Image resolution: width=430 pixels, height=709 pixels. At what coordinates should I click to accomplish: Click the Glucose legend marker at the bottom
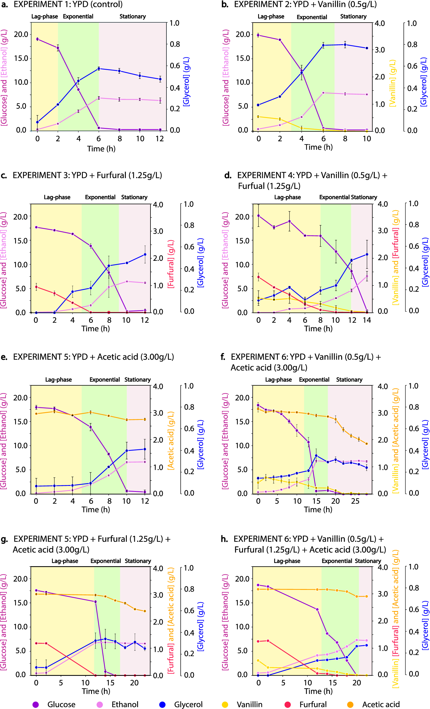click(x=35, y=704)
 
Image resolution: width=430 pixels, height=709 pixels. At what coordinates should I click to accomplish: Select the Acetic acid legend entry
click(x=381, y=704)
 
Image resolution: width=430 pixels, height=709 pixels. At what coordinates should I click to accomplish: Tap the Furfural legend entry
click(x=313, y=704)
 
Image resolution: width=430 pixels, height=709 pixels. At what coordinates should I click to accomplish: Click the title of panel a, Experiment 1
click(x=68, y=4)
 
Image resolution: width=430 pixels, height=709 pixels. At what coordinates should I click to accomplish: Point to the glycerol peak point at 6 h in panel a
click(x=99, y=69)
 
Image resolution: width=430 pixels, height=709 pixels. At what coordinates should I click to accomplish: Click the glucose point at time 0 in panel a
click(x=37, y=39)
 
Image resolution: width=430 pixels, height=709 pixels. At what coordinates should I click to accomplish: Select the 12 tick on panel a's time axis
click(x=160, y=139)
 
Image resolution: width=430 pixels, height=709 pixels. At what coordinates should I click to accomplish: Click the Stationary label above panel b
click(x=353, y=16)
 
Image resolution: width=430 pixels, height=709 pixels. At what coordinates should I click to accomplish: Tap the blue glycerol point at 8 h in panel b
click(x=345, y=45)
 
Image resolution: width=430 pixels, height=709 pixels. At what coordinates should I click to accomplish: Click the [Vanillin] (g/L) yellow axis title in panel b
click(x=393, y=83)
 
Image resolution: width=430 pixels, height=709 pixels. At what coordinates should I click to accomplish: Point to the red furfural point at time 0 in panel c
click(x=36, y=287)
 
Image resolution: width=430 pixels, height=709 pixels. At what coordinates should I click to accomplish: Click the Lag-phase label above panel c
click(x=57, y=197)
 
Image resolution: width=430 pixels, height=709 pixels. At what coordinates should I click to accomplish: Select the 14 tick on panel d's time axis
click(x=367, y=320)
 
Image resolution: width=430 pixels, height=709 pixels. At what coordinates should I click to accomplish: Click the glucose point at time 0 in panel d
click(x=258, y=215)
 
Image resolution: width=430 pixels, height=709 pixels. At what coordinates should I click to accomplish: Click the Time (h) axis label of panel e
click(x=96, y=509)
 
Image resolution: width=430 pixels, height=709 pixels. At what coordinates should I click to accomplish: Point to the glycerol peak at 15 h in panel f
click(x=316, y=456)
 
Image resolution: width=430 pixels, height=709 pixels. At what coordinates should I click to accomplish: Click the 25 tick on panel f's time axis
click(x=355, y=501)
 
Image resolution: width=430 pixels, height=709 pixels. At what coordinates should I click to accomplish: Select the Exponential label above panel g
click(x=106, y=561)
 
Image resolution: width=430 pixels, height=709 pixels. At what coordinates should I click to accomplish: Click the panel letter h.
click(x=224, y=539)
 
